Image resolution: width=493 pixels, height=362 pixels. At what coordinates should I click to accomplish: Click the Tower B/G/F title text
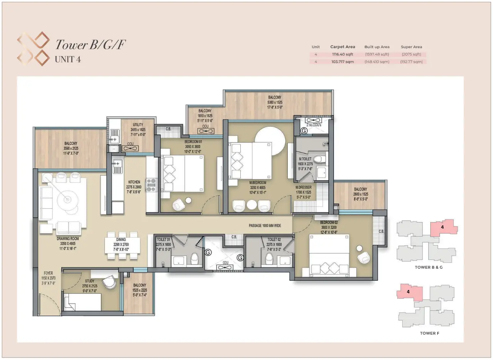(90, 45)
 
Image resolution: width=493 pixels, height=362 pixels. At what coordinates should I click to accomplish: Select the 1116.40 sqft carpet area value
(342, 54)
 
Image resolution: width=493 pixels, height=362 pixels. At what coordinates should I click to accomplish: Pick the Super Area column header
(411, 47)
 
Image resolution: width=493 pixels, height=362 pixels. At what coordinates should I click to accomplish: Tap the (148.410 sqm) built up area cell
(377, 62)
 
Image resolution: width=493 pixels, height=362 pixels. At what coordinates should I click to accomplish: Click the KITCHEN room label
(134, 182)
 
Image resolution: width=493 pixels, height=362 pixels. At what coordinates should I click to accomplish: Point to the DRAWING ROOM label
(67, 238)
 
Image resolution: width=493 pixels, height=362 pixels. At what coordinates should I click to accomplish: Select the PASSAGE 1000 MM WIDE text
(265, 226)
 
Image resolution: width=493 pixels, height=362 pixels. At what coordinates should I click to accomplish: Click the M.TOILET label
(305, 159)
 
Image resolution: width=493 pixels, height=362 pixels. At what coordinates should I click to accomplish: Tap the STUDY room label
(90, 281)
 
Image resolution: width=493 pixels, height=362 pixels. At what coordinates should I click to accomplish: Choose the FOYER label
(48, 273)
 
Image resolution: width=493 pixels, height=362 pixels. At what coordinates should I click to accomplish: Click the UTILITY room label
(138, 125)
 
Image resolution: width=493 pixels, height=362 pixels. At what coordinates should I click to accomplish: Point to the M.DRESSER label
(303, 187)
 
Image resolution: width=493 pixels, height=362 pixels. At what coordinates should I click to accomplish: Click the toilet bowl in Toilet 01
(195, 258)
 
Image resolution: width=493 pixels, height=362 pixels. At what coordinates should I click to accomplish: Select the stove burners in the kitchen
(151, 185)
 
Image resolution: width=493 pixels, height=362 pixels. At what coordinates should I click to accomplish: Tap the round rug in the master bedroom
(270, 141)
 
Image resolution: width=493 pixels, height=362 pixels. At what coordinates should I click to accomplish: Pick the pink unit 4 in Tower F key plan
(409, 292)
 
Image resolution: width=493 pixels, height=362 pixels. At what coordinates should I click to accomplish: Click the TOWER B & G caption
(429, 267)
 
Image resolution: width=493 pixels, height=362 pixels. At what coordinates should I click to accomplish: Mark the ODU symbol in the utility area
(130, 148)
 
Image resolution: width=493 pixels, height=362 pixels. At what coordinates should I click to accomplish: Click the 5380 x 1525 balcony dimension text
(275, 102)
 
